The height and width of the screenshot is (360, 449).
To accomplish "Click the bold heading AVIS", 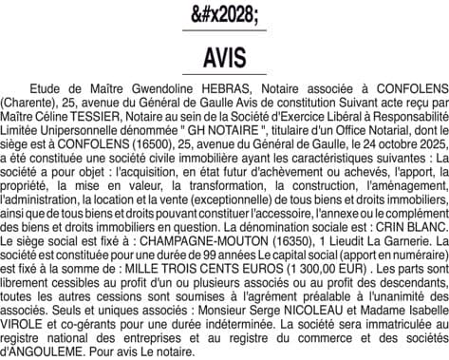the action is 224,57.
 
